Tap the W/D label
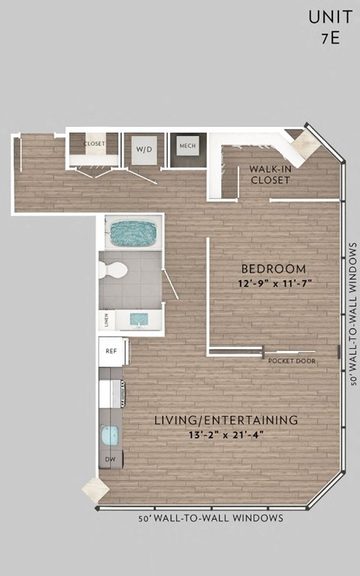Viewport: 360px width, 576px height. coord(143,149)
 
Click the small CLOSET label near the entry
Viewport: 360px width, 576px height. coord(94,143)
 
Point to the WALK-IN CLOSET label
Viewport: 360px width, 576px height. coord(270,175)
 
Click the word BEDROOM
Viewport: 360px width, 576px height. coord(273,268)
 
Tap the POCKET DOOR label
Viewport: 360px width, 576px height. coord(292,361)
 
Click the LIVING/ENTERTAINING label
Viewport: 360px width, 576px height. coord(226,419)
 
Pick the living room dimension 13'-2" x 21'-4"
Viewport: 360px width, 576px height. coord(226,434)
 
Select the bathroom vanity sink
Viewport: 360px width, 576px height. coord(139,319)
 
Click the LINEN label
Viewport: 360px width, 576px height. coord(106,321)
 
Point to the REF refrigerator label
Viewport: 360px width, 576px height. coord(111,351)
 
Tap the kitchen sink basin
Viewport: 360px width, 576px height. coord(109,436)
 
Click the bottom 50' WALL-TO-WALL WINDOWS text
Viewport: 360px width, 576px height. coord(211,518)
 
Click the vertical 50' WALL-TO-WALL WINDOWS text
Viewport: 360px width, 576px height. coord(352,313)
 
